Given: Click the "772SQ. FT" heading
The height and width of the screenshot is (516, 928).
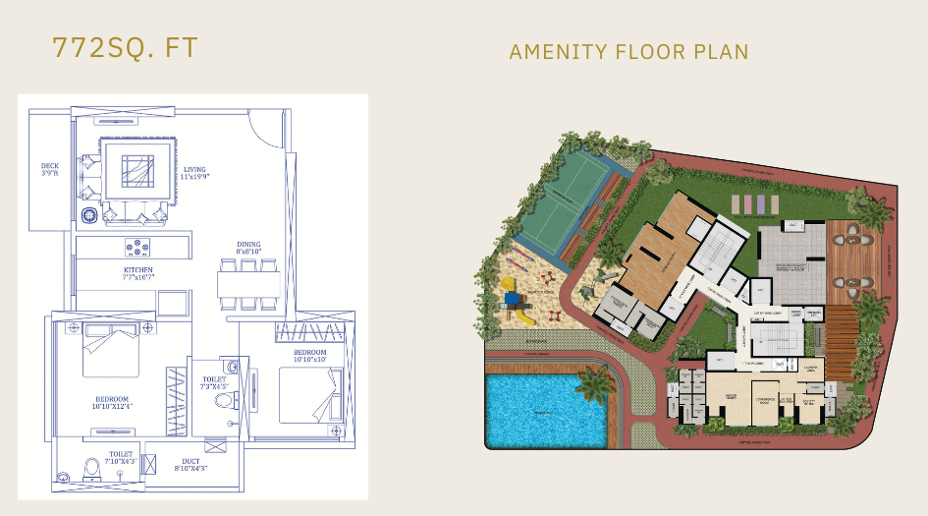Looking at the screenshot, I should point(125,48).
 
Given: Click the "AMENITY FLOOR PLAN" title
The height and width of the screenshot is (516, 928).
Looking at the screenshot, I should point(628,52).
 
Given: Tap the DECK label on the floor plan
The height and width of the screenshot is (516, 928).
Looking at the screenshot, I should point(50,170).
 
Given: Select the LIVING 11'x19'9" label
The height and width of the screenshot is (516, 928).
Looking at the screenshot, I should point(195,174).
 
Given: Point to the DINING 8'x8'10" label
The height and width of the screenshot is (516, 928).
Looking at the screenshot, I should point(248,248).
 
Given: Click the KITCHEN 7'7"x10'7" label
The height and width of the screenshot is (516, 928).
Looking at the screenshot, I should point(138,274).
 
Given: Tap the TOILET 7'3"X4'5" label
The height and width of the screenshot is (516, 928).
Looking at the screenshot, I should point(215,383).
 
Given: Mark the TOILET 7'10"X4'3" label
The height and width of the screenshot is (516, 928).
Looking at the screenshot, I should point(121,457).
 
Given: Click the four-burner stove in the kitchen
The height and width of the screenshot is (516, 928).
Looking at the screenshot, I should point(137,248).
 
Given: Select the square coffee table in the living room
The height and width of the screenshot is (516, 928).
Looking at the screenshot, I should point(136,172).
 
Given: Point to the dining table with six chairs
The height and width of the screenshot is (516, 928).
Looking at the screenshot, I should point(248,284).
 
